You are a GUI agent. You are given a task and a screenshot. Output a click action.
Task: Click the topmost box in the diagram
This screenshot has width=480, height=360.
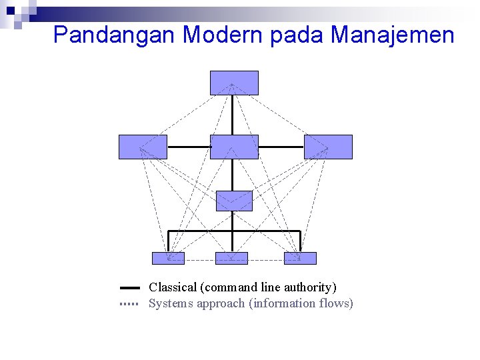pos(234,83)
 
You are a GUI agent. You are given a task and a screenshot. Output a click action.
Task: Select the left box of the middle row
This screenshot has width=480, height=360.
pos(143,147)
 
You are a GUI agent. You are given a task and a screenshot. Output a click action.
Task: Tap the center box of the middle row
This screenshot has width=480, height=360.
pos(234,147)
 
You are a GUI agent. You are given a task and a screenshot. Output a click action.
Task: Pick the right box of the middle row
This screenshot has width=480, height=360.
pos(328,147)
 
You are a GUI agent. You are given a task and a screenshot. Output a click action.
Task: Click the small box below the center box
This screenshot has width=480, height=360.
pos(234,201)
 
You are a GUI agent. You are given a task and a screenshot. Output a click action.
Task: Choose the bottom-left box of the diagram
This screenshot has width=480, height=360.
pos(168,258)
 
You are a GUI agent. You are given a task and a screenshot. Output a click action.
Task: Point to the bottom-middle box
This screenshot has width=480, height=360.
pos(231,258)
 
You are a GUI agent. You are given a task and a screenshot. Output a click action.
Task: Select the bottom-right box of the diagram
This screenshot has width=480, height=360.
pos(300,258)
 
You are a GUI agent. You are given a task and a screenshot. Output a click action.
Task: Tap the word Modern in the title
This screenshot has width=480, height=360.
pos(223,35)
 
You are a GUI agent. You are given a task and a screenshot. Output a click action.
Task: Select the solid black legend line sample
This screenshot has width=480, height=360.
pos(129,288)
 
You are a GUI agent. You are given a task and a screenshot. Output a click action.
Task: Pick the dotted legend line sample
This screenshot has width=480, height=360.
pos(129,304)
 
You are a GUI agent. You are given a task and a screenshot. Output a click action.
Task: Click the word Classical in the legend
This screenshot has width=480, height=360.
pos(173,287)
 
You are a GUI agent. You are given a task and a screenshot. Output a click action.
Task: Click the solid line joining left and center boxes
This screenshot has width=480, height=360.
pos(189,147)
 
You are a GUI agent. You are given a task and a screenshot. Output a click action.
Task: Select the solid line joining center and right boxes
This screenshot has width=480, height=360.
pos(281,147)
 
